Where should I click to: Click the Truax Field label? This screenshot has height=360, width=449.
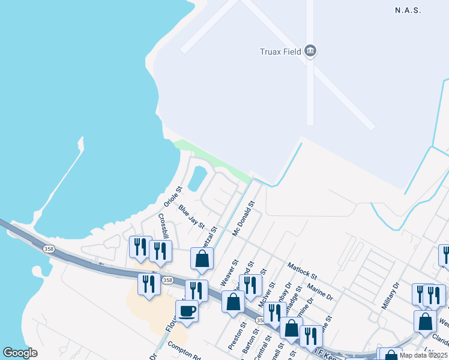click(x=280, y=51)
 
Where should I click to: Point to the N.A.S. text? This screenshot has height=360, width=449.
click(x=408, y=11)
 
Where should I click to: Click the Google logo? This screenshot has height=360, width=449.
click(x=20, y=353)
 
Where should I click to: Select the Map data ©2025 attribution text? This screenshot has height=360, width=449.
click(x=424, y=355)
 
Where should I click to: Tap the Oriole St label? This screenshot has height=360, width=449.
click(x=172, y=196)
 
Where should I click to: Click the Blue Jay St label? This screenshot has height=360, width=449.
click(x=191, y=216)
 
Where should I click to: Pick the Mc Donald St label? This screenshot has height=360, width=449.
click(x=244, y=218)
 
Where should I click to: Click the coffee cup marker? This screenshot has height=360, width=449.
click(x=187, y=311)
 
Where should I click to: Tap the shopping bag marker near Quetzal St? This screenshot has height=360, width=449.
click(x=202, y=259)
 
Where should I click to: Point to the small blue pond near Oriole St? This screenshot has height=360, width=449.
click(x=196, y=179)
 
